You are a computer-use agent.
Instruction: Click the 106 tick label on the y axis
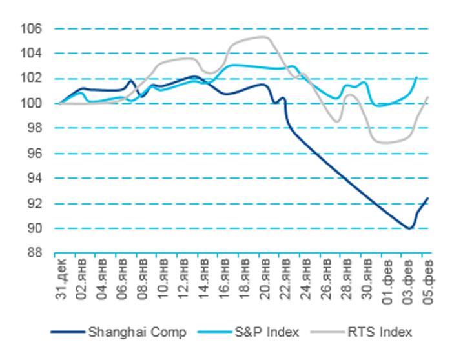tap(33, 28)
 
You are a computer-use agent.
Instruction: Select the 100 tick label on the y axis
tap(33, 103)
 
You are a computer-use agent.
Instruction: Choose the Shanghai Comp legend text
tap(136, 332)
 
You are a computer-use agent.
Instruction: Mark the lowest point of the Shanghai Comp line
tap(409, 228)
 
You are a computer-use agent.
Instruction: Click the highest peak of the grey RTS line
tap(264, 37)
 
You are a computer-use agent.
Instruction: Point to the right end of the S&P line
tap(416, 77)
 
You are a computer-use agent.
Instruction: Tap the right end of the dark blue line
tap(427, 198)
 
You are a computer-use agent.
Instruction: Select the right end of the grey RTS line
tap(428, 97)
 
